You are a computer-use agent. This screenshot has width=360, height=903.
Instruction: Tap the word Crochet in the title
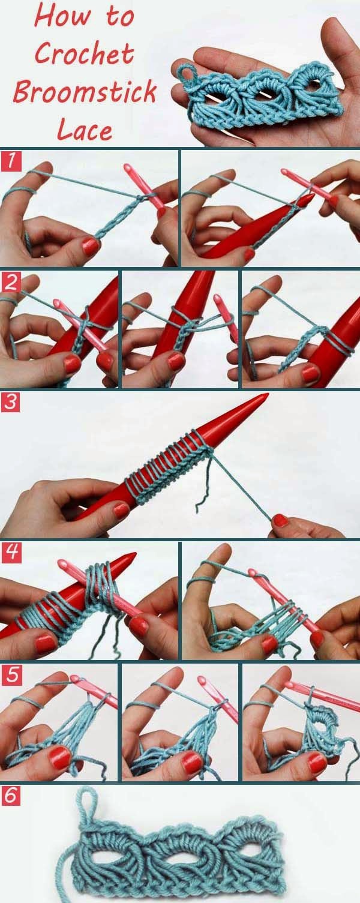click(84, 55)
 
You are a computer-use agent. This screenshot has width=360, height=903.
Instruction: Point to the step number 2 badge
click(11, 281)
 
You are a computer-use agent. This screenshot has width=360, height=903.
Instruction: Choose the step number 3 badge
click(11, 403)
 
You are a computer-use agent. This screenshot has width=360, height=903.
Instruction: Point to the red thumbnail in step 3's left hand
click(121, 511)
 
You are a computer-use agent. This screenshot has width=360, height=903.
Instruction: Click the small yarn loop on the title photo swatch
click(187, 74)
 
